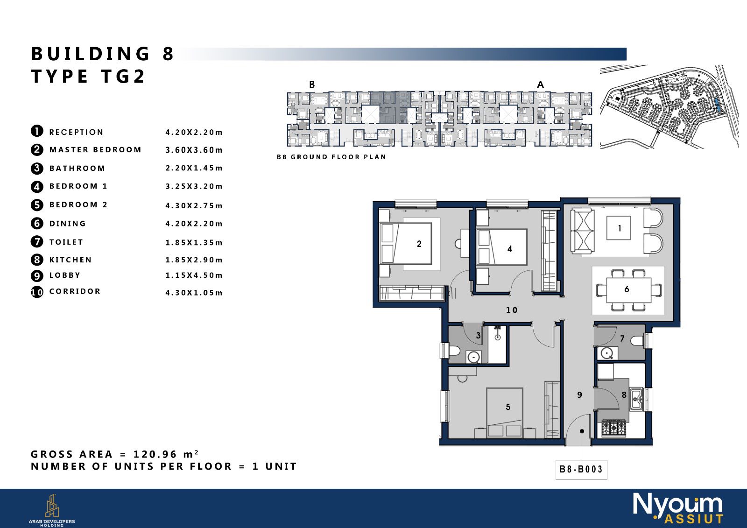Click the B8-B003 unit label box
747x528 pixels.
pyautogui.click(x=581, y=470)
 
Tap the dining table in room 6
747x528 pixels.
pyautogui.click(x=628, y=290)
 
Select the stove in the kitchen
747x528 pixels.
pyautogui.click(x=613, y=428)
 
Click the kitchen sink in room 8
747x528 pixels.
pyautogui.click(x=636, y=399)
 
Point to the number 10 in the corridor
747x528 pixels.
pyautogui.click(x=512, y=310)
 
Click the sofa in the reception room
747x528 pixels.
pyautogui.click(x=582, y=231)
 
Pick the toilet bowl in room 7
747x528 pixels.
pyautogui.click(x=637, y=341)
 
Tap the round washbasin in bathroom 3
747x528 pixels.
pyautogui.click(x=473, y=357)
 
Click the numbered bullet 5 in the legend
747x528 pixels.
pyautogui.click(x=37, y=205)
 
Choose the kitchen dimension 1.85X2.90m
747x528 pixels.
pyautogui.click(x=194, y=260)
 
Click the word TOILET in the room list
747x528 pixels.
pyautogui.click(x=66, y=242)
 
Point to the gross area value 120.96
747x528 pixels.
pyautogui.click(x=155, y=454)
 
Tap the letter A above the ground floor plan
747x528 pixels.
pyautogui.click(x=541, y=84)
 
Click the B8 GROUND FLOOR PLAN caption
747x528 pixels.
pyautogui.click(x=331, y=157)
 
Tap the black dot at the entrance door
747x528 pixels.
pyautogui.click(x=582, y=431)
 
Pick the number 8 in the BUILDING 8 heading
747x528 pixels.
pyautogui.click(x=169, y=54)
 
